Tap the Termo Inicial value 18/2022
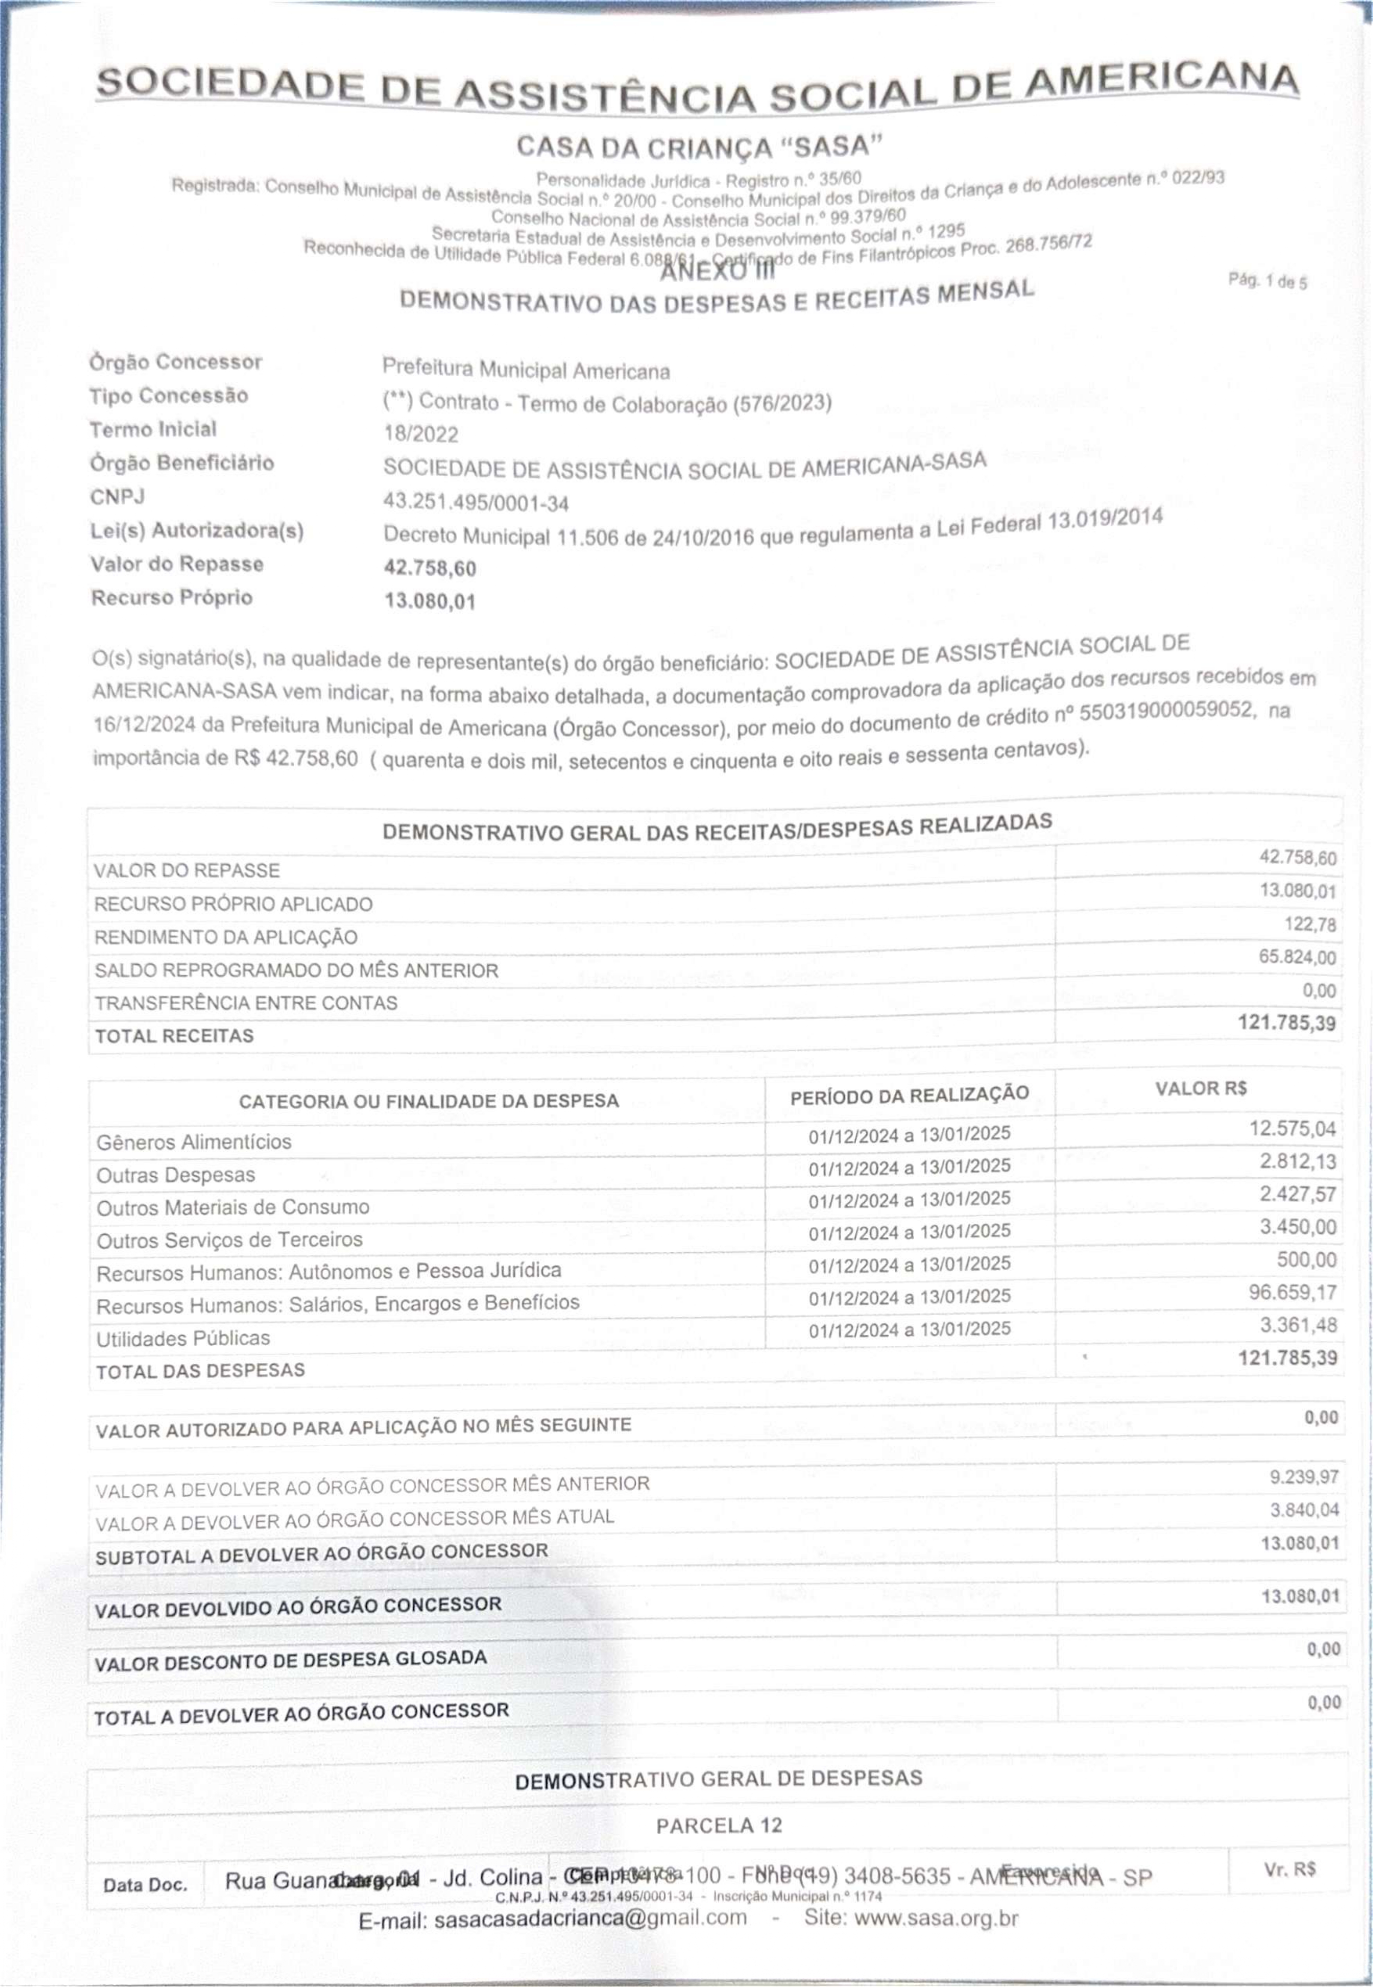tap(421, 435)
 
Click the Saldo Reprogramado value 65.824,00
tap(1297, 957)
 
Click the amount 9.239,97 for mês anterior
tap(1304, 1477)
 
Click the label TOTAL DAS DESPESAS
tap(200, 1370)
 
